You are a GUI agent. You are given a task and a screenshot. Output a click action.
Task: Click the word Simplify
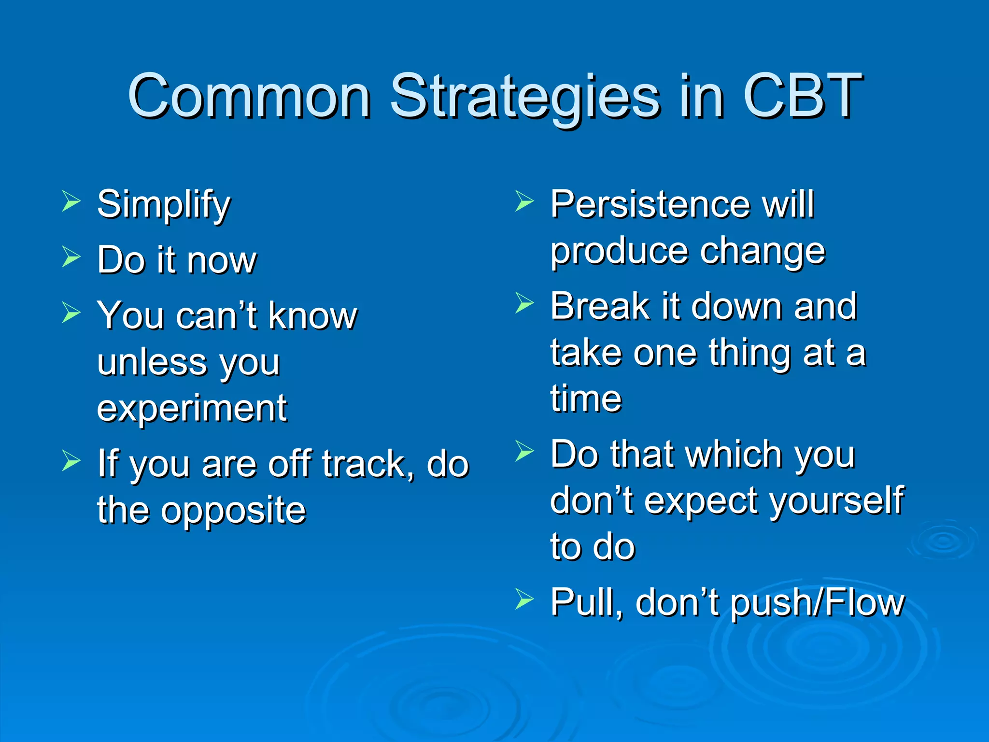tap(164, 205)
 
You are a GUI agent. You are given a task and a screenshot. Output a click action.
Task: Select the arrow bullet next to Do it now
tap(71, 257)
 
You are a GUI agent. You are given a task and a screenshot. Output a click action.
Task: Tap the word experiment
tap(192, 409)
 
